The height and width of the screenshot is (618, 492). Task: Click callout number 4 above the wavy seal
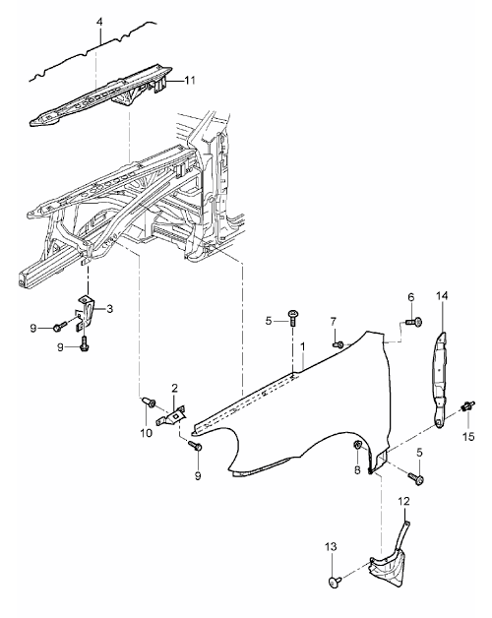[x=99, y=22]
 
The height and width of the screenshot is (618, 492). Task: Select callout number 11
[x=190, y=81]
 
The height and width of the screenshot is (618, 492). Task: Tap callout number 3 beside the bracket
[x=109, y=309]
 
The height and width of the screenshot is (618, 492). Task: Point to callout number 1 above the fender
[x=303, y=346]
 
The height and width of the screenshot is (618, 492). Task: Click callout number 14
[x=442, y=296]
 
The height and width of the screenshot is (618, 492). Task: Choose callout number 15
[x=468, y=437]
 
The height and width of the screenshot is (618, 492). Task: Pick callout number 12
[x=404, y=501]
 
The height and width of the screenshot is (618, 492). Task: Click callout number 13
[x=332, y=547]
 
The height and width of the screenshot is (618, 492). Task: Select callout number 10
[x=146, y=433]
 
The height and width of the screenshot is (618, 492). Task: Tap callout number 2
[x=174, y=389]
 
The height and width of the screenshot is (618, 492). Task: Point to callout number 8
[x=357, y=469]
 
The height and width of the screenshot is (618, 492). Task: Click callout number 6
[x=411, y=297]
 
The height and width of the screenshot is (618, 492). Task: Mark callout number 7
[x=334, y=322]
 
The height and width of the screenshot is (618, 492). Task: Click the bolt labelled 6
[x=414, y=323]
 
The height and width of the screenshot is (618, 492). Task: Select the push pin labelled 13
[x=335, y=582]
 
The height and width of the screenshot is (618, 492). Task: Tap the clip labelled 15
[x=468, y=406]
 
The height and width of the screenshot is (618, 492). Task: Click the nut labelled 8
[x=357, y=446]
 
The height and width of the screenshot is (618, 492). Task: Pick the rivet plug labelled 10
[x=148, y=402]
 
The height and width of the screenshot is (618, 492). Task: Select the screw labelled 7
[x=338, y=344]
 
